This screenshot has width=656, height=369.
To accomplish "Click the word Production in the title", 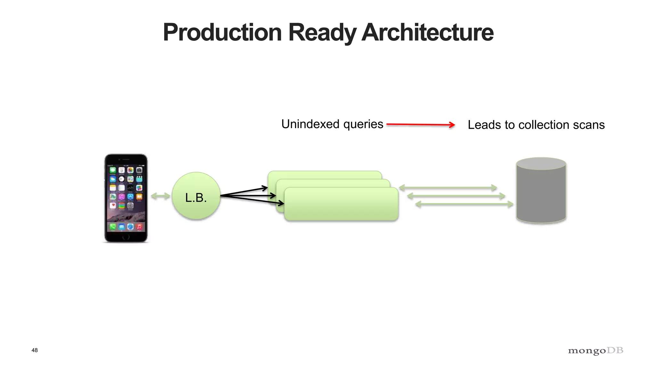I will click(x=222, y=32).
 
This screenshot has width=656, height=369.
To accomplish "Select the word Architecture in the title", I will click(x=428, y=32).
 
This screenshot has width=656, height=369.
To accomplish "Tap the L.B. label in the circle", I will click(x=196, y=198).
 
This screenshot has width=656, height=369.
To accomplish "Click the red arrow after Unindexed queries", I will click(x=421, y=125).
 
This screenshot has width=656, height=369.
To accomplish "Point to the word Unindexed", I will click(x=310, y=124).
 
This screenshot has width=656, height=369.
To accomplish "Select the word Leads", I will click(x=484, y=125).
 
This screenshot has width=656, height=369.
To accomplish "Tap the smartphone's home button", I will click(x=126, y=237).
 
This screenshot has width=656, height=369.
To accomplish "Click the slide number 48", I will click(x=35, y=350).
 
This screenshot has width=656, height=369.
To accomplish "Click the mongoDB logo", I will click(x=595, y=351).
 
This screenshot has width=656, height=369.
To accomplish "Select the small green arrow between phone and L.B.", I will click(x=160, y=196).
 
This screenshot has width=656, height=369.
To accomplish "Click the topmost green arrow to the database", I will click(x=448, y=188).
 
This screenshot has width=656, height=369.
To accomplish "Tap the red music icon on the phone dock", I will click(x=139, y=227).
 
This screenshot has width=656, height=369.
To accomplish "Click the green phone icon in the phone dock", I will click(x=113, y=227).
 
